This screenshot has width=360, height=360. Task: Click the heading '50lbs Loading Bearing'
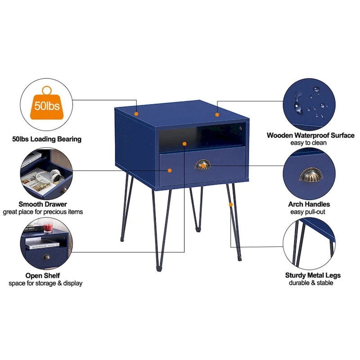click(x=47, y=139)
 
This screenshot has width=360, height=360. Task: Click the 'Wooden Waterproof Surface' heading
click(x=310, y=135)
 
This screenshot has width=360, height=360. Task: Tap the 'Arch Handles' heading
click(x=309, y=204)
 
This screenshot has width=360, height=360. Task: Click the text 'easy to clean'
click(x=309, y=143)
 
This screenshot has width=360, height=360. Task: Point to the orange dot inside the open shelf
click(x=184, y=143)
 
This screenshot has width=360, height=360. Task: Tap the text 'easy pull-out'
click(x=309, y=212)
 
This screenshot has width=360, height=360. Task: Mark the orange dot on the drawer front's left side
click(x=170, y=170)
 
